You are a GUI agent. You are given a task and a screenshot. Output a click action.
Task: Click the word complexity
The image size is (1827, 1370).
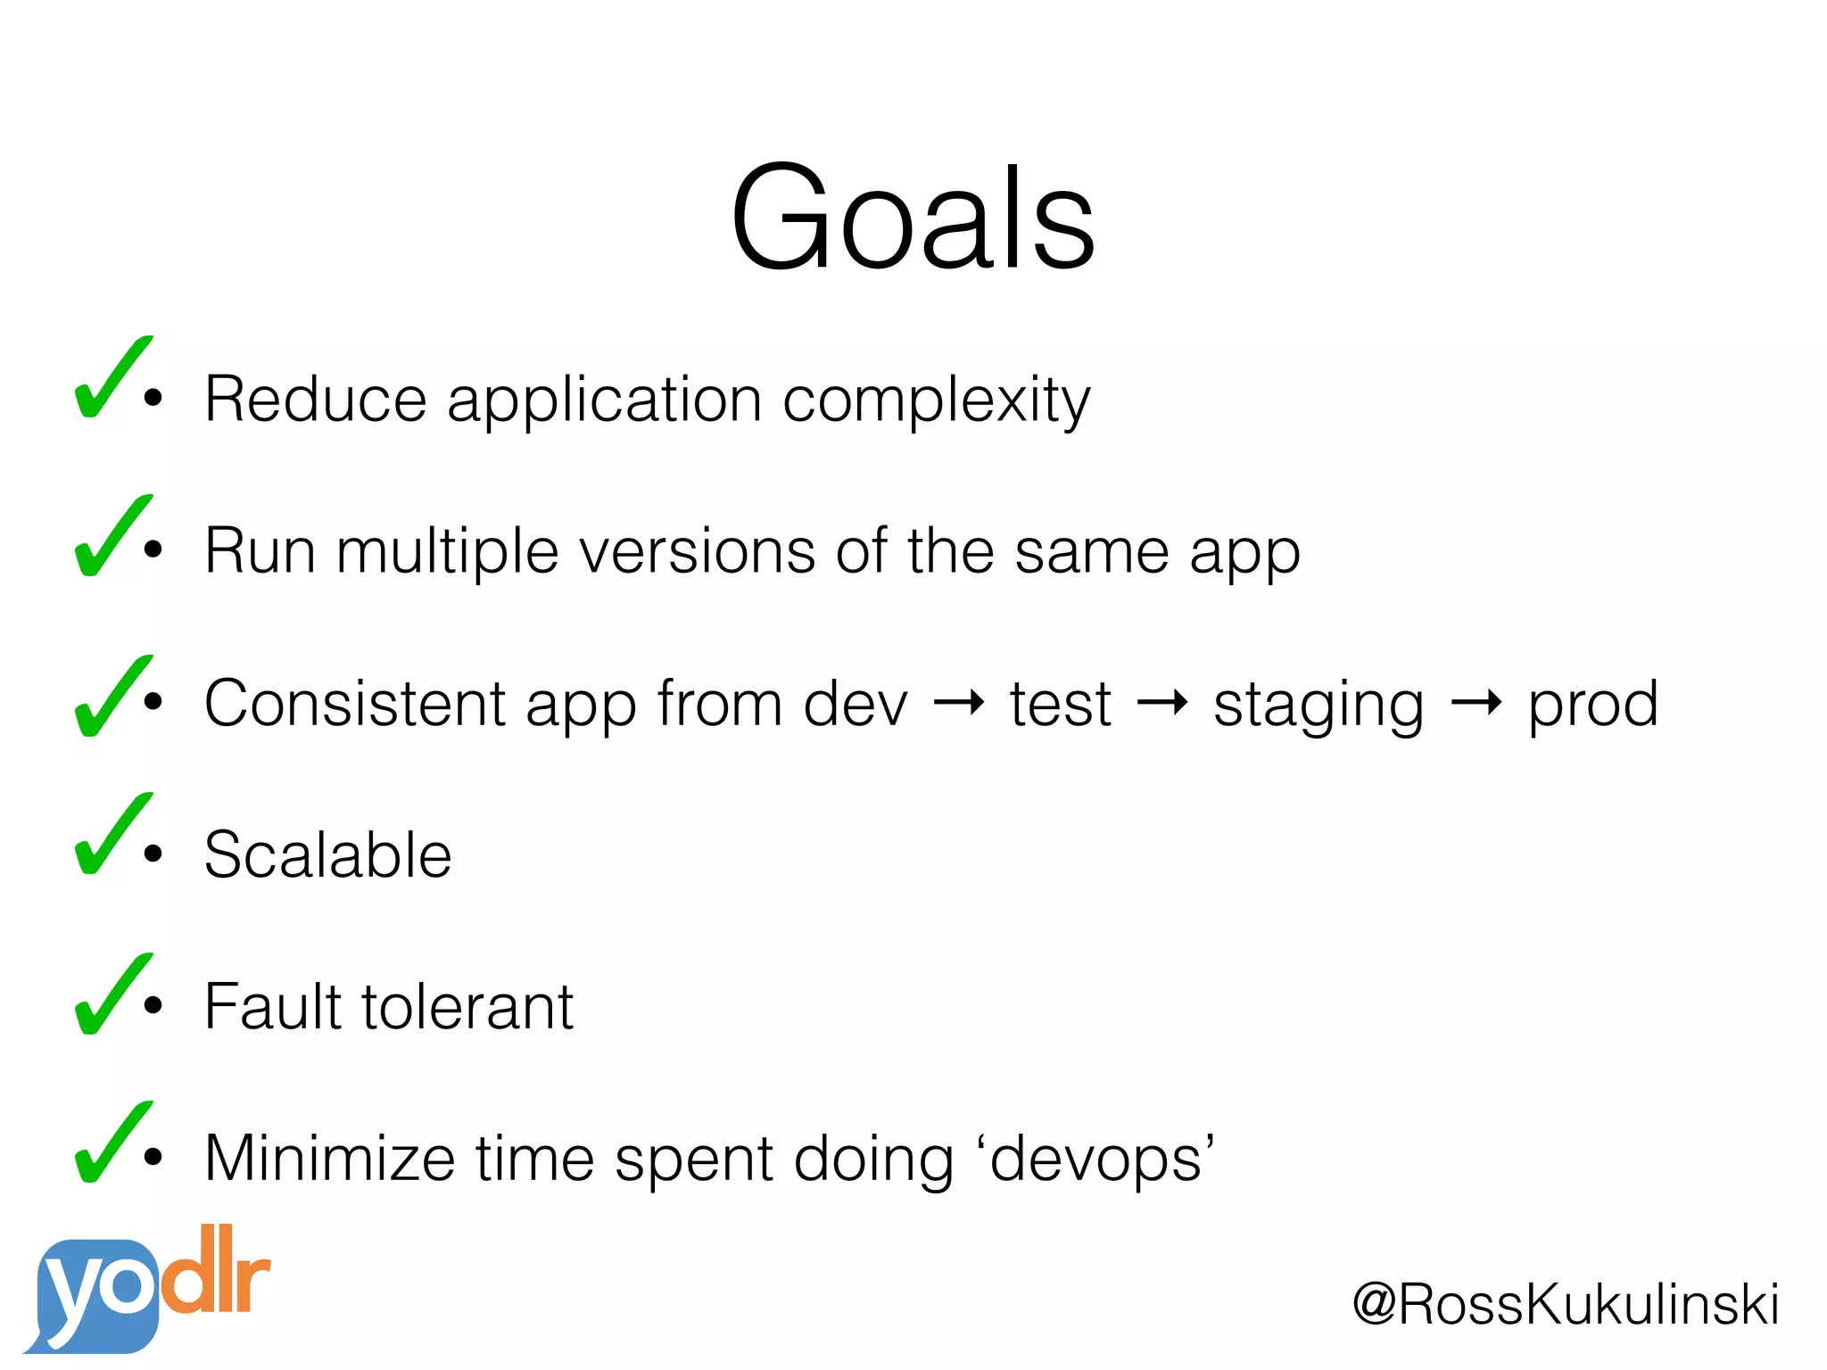pyautogui.click(x=936, y=401)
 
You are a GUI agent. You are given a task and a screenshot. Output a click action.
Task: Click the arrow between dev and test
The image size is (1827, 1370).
pyautogui.click(x=958, y=704)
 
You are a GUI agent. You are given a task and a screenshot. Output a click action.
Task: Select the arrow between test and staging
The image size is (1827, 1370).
pyautogui.click(x=1162, y=704)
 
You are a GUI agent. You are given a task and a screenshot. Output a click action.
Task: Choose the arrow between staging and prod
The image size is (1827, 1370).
pyautogui.click(x=1476, y=704)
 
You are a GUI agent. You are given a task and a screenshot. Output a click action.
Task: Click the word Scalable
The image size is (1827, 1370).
pyautogui.click(x=327, y=854)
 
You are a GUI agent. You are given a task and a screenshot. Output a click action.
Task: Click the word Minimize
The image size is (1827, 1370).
pyautogui.click(x=329, y=1158)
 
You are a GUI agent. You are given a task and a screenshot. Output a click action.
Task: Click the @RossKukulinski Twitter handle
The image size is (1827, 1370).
pyautogui.click(x=1566, y=1304)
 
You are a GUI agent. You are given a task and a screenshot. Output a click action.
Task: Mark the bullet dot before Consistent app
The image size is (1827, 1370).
pyautogui.click(x=153, y=701)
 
